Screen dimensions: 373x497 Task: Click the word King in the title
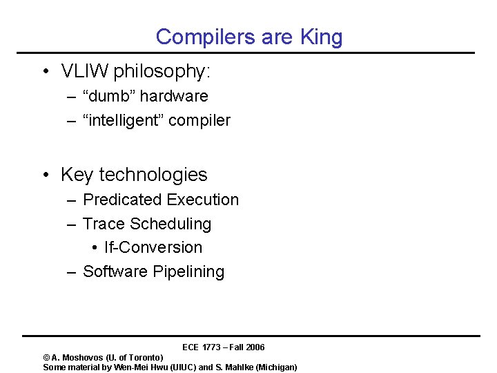[321, 37]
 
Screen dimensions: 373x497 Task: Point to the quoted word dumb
[110, 96]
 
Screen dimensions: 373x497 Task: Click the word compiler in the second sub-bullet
[199, 120]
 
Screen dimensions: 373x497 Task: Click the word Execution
[202, 200]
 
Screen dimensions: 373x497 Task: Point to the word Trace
[104, 224]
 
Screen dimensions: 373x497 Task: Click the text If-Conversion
[153, 247]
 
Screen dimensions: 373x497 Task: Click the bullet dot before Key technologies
[44, 175]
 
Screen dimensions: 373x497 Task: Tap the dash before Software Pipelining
[71, 271]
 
